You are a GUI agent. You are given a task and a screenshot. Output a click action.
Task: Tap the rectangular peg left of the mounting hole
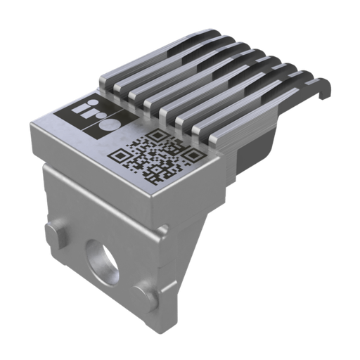[x=57, y=233]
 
